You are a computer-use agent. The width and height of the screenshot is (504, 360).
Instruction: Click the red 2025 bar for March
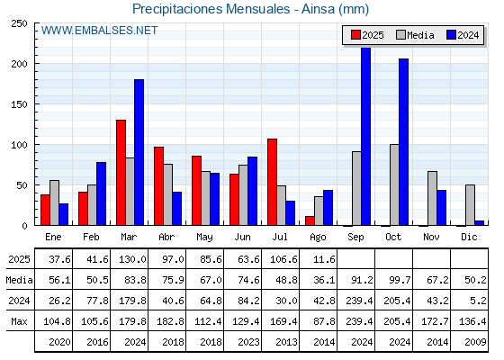121,173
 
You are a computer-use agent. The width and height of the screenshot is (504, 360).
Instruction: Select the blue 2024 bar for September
366,136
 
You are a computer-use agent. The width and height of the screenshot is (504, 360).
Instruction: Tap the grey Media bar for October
394,184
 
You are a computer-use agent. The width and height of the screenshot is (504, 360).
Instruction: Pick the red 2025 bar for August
310,220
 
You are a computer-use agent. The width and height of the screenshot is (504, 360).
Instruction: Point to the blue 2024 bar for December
480,223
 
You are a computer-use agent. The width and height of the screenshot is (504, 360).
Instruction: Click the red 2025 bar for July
272,182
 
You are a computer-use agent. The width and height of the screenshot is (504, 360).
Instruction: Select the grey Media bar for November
432,198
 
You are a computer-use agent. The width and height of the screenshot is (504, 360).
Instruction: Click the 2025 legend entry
367,35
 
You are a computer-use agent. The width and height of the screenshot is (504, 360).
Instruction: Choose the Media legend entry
415,35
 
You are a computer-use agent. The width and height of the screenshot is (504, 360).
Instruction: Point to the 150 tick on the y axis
19,104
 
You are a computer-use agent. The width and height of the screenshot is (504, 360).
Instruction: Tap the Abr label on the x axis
166,238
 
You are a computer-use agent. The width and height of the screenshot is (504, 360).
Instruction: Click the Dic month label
469,238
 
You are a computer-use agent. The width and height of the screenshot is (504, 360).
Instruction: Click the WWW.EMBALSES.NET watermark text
99,31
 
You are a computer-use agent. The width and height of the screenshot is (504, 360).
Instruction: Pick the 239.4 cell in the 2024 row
359,301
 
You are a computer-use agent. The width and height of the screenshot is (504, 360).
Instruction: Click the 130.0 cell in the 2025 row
132,259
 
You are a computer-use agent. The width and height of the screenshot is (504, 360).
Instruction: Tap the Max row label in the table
19,321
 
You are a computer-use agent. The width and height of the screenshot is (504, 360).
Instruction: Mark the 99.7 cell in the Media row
400,280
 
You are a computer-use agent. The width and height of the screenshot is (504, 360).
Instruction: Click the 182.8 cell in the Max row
170,321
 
